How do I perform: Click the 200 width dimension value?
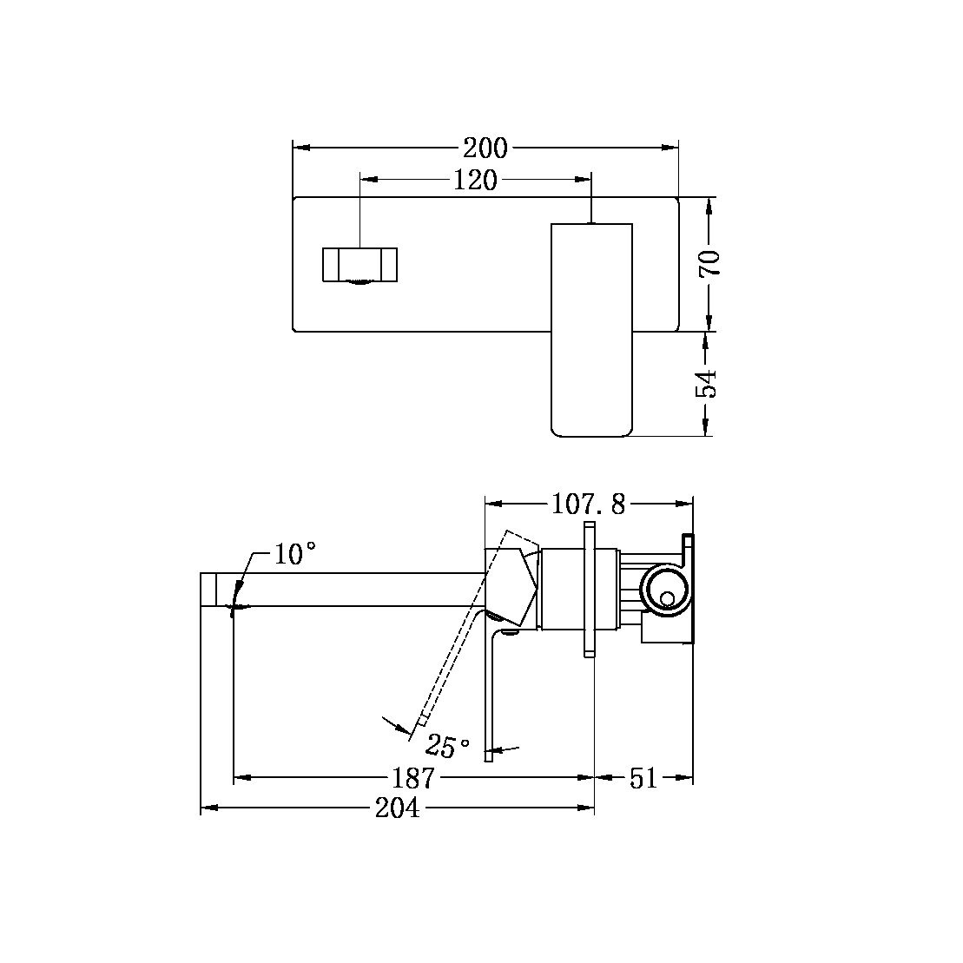[x=485, y=147]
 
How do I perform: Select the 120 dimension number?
[x=475, y=180]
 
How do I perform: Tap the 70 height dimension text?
[x=710, y=262]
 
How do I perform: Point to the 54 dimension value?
[x=710, y=383]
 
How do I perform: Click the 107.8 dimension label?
[x=587, y=504]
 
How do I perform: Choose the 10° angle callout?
[x=294, y=554]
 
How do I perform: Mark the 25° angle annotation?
[x=447, y=746]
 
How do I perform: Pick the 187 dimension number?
[x=413, y=778]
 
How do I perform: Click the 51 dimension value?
[x=643, y=778]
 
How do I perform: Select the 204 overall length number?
[x=397, y=808]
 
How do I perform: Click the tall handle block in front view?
[x=591, y=330]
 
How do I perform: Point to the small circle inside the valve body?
[x=667, y=598]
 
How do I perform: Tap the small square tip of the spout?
[x=208, y=589]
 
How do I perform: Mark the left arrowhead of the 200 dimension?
[x=300, y=148]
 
